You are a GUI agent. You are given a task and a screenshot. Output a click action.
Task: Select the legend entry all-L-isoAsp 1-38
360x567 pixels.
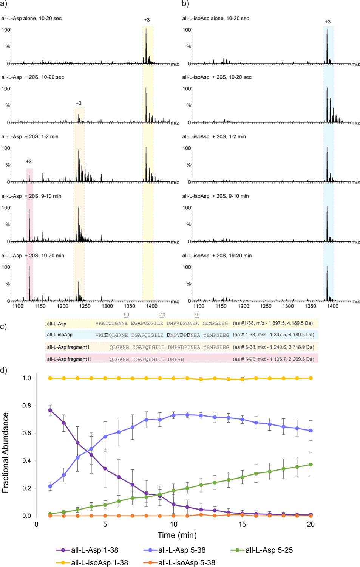[x=99, y=562]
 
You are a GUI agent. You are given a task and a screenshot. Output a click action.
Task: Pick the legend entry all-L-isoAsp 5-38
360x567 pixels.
[x=187, y=562]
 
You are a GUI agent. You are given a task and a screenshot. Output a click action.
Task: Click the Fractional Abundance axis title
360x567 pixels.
[x=5, y=452]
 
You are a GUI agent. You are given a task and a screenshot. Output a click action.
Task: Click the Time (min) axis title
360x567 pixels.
[x=177, y=535]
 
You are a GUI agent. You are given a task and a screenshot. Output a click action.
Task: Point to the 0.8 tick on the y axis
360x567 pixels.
[x=26, y=406]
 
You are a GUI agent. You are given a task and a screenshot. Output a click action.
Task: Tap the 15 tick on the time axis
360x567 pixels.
[x=242, y=524]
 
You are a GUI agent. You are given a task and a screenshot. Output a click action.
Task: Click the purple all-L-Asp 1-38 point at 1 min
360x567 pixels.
[x=50, y=410]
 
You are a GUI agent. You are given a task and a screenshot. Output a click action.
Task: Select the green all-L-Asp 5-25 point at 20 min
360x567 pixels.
[x=311, y=465]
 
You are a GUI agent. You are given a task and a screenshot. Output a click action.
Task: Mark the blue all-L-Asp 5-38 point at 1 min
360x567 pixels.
[x=50, y=486]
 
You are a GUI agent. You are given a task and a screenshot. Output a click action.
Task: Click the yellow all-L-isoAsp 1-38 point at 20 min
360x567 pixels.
[x=311, y=378]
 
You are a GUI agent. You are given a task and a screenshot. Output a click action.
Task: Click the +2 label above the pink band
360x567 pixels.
[x=29, y=161]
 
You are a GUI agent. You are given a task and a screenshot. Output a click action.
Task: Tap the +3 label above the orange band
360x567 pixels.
[x=78, y=103]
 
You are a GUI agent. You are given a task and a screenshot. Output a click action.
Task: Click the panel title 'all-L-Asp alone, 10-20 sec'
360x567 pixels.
[x=31, y=18]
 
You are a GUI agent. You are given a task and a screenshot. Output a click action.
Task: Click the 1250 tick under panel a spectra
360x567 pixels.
[x=85, y=306]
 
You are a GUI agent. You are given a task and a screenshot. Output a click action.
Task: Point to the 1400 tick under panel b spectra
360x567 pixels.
[x=332, y=306]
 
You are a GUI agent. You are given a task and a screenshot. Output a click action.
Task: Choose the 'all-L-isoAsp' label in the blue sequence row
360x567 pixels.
[x=60, y=335]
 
